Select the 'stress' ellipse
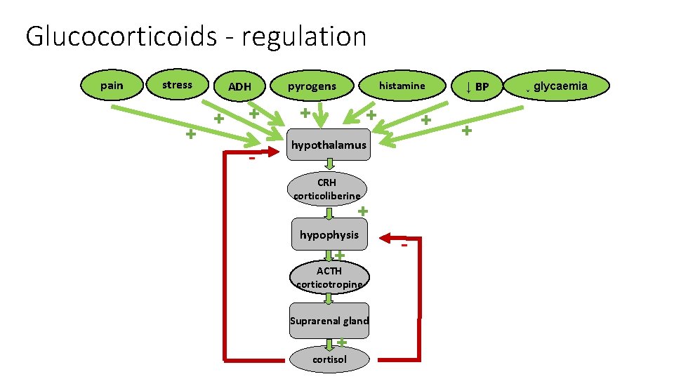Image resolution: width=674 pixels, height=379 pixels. [x=177, y=85]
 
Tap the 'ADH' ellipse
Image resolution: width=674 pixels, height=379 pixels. [x=239, y=87]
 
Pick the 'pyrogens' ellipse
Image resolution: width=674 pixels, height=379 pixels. [x=312, y=86]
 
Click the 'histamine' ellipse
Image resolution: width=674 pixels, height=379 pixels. [x=402, y=86]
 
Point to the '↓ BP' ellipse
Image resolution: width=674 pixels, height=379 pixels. [x=477, y=87]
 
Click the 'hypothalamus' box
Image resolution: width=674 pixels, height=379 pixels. [x=329, y=145]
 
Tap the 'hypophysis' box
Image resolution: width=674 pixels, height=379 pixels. [x=329, y=235]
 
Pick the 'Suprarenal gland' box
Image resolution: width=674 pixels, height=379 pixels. [x=329, y=321]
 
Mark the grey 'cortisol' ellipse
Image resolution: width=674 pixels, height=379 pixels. [x=329, y=359]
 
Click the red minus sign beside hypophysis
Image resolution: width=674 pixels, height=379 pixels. [x=404, y=246]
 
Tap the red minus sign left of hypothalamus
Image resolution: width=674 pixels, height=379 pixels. [x=251, y=159]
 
